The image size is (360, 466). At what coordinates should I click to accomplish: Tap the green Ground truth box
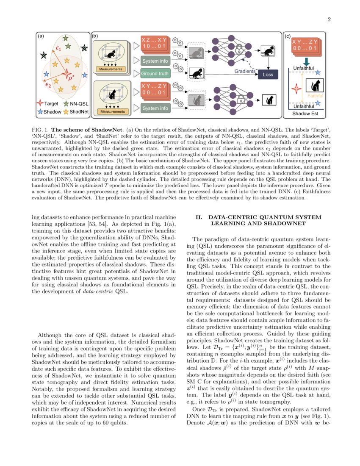coord(155,73)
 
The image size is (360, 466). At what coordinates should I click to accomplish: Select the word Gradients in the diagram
coord(245,71)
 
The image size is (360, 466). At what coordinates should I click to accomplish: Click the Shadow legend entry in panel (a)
coord(50,111)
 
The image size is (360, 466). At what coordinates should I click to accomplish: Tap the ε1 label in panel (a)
coord(59,49)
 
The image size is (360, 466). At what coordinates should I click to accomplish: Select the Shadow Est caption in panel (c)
coord(304,114)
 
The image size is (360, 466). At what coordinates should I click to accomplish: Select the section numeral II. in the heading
coord(199,217)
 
